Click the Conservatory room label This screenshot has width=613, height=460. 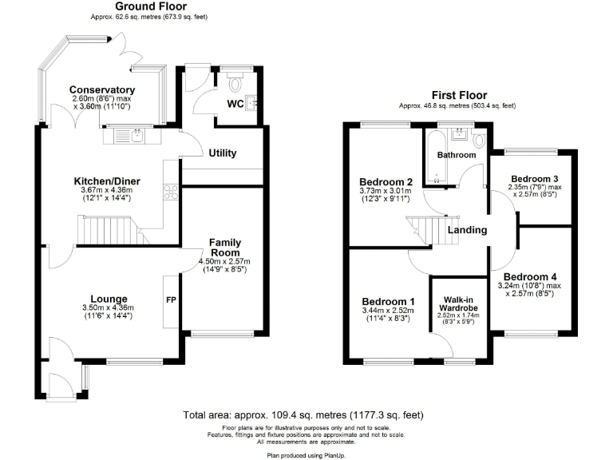(101, 89)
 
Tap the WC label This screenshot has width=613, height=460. (235, 104)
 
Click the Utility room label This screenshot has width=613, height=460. (223, 153)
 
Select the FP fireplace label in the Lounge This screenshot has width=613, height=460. (170, 301)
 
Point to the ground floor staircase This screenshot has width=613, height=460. (112, 232)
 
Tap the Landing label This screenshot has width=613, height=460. (467, 230)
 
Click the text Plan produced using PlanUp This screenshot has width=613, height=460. (306, 453)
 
